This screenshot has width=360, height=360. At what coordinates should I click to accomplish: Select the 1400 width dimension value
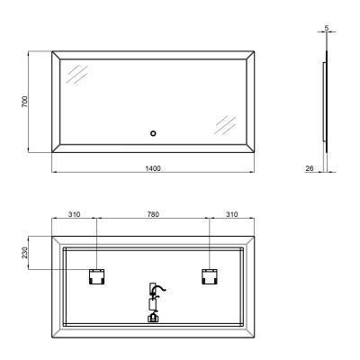pyautogui.click(x=153, y=168)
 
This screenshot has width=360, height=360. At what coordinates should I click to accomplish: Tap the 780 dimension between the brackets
pyautogui.click(x=153, y=215)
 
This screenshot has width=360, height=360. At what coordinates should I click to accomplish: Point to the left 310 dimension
pyautogui.click(x=74, y=215)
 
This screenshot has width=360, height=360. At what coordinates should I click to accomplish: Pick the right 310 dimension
pyautogui.click(x=232, y=215)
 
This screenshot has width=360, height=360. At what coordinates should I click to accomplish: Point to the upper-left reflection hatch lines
pyautogui.click(x=79, y=76)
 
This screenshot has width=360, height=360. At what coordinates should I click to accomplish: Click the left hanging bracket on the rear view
pyautogui.click(x=95, y=276)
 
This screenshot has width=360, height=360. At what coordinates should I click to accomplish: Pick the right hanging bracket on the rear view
pyautogui.click(x=210, y=276)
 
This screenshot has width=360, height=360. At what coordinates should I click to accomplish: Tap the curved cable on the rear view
pyautogui.click(x=157, y=290)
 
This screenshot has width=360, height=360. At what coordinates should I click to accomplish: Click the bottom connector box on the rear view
pyautogui.click(x=153, y=316)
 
